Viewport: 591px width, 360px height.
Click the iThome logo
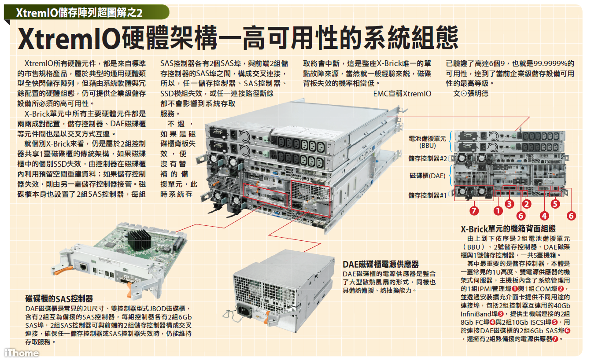[22, 353]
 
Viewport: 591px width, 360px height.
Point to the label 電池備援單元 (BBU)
[427, 142]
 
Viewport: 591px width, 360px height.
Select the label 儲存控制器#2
[428, 158]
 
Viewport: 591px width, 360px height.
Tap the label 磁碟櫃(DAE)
[428, 176]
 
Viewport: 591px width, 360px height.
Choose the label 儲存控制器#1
[428, 195]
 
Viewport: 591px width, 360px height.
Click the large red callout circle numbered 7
[474, 211]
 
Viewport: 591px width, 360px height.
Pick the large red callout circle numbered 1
[498, 211]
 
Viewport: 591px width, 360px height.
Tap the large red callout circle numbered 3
[510, 204]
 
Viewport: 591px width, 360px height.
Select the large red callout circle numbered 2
[527, 204]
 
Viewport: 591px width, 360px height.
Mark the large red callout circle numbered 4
[544, 216]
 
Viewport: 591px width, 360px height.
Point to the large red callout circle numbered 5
[555, 204]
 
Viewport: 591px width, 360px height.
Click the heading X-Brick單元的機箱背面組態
[508, 229]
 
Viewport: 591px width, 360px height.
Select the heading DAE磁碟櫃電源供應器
[381, 264]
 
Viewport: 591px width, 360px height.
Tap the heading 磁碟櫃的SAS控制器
[59, 299]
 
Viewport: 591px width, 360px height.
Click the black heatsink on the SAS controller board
[140, 239]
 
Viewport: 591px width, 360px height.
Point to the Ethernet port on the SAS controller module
[83, 267]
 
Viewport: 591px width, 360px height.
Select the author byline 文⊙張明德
[471, 94]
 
